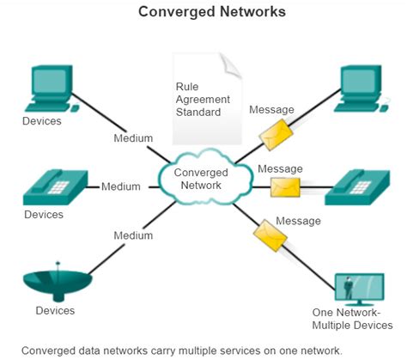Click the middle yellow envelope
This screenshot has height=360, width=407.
(285, 186)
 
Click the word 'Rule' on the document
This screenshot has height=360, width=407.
(187, 87)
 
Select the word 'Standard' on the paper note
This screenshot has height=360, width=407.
(198, 112)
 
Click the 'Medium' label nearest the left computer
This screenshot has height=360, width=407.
(134, 137)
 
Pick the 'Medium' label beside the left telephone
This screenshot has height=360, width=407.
(121, 186)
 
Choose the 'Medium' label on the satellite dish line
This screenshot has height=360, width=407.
(134, 235)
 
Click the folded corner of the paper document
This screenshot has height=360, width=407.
(227, 62)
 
